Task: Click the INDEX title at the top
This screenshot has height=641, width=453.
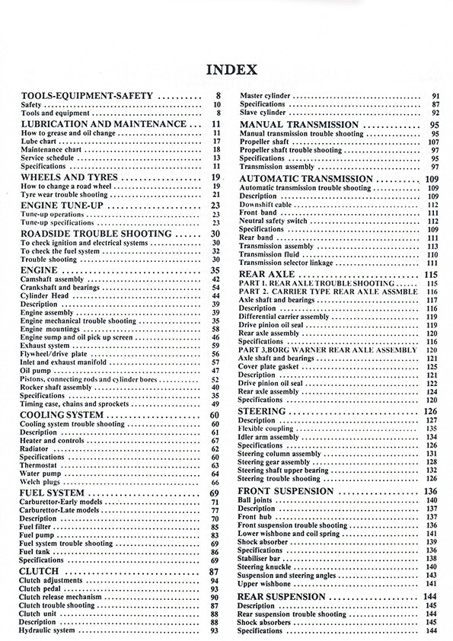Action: point(231,71)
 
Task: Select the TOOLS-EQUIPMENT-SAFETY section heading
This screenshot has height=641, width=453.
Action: point(88,96)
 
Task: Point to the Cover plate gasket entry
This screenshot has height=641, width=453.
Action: point(270,366)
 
